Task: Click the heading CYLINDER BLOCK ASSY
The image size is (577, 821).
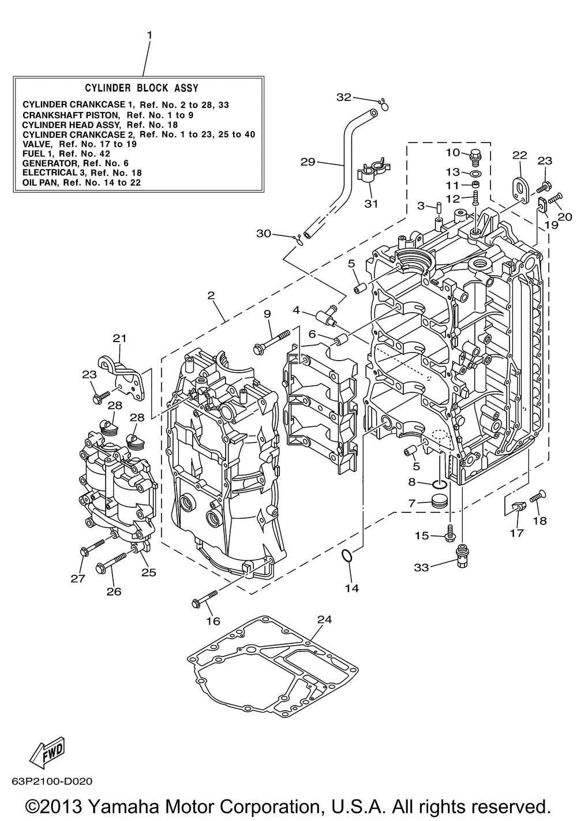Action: point(141,88)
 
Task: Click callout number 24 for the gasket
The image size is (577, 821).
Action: point(325,620)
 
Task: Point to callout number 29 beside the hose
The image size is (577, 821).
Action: point(308,162)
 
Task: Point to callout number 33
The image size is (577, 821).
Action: point(421,567)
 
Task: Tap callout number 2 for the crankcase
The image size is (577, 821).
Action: point(211,295)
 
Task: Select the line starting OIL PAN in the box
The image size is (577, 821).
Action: point(81,182)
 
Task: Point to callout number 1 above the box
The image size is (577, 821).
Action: point(149,35)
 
